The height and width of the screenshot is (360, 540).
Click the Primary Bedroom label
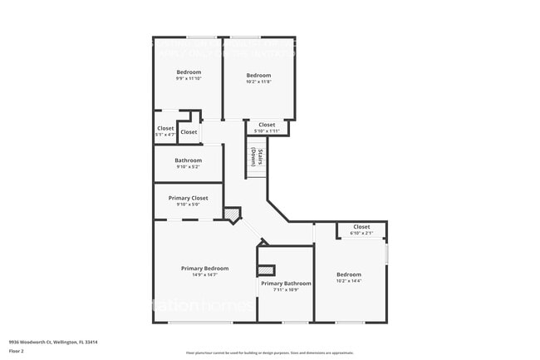coord(205,268)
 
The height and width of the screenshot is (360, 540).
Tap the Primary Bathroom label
coord(286,284)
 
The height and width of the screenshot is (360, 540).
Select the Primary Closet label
coord(189,198)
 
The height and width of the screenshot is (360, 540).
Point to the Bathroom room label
coord(189,160)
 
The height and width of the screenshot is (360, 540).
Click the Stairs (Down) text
coord(257,156)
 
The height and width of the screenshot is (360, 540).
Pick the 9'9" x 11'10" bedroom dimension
coord(189,80)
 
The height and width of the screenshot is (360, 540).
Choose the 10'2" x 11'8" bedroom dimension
coord(259,82)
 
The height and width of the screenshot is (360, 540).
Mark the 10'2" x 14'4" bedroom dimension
coord(349,281)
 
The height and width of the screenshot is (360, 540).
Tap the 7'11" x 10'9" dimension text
coord(286,290)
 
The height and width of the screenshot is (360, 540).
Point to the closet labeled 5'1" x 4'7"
coord(165,131)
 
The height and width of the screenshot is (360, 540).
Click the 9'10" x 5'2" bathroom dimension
coord(189,167)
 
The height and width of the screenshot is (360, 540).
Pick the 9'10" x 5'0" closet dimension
coord(189,205)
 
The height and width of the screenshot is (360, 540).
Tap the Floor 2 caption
coord(17,352)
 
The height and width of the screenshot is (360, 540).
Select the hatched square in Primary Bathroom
coord(266,270)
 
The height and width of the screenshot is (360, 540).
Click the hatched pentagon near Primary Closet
coord(232,215)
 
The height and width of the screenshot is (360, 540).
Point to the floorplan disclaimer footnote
coord(270,353)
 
